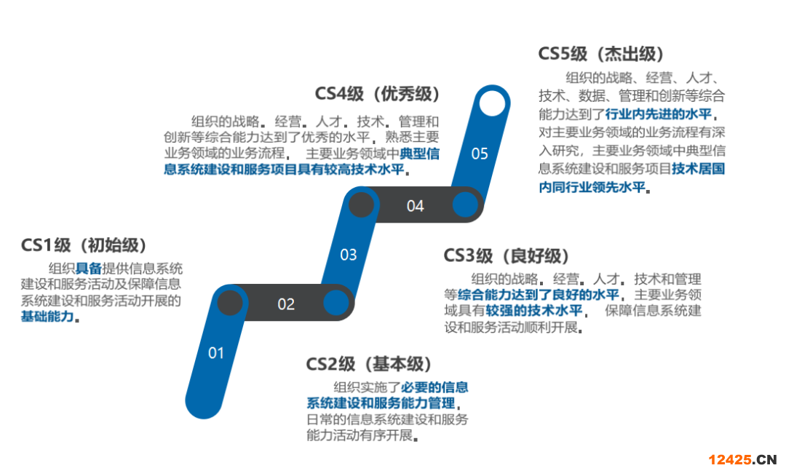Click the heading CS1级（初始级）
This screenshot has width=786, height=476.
point(84,245)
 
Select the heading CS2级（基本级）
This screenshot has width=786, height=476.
point(369,364)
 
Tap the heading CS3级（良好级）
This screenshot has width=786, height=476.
point(507,255)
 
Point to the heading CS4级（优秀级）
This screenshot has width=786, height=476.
point(378,94)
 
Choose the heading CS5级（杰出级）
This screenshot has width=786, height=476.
point(601,54)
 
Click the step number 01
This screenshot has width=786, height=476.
point(216,353)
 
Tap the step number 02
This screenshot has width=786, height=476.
point(286,304)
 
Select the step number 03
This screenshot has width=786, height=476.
point(349,255)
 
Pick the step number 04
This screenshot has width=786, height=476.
point(415,206)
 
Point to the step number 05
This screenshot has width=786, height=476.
point(480,154)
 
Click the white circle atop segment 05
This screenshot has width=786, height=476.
point(492,103)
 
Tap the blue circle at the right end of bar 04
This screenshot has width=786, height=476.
point(465,205)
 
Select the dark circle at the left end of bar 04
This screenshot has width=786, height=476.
point(362,205)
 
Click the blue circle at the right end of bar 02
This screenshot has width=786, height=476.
point(336,303)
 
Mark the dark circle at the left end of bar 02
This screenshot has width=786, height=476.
point(230,303)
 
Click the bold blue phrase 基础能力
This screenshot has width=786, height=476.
point(47,317)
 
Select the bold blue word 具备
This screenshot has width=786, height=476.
point(89,269)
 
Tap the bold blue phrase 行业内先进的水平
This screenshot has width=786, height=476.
point(658,114)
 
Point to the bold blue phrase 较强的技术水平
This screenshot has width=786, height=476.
point(534,311)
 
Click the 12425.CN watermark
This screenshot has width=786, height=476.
point(742,459)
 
